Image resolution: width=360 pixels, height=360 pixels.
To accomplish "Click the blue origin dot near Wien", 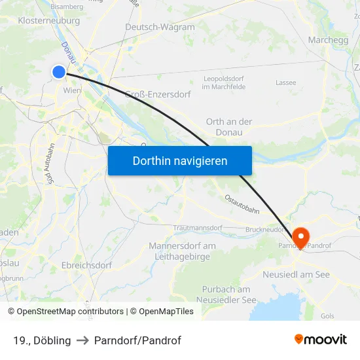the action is tap(59, 73).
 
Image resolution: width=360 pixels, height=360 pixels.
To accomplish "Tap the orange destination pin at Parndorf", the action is tap(300, 237).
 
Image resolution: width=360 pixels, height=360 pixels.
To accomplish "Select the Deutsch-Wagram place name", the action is tap(160, 27).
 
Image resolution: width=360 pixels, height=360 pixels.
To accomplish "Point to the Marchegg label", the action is tap(328, 40).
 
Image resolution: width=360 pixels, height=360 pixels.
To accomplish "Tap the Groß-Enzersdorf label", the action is tap(158, 94).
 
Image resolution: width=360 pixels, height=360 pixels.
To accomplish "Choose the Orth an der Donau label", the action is tap(228, 127).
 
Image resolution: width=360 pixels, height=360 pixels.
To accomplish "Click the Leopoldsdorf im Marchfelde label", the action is tap(224, 82).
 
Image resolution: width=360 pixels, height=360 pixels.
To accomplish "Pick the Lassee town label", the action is tap(285, 83).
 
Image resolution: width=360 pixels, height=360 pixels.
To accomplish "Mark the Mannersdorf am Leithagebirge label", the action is tap(182, 251).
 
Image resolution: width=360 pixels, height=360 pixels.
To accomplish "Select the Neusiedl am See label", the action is tap(296, 274).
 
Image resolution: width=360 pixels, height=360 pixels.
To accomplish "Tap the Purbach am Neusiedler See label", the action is tap(226, 295).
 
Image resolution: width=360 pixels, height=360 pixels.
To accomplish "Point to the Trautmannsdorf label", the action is tap(198, 228).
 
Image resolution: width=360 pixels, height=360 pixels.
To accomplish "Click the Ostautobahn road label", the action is tap(242, 204).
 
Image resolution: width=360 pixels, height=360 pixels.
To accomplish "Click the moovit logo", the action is tap(321, 340).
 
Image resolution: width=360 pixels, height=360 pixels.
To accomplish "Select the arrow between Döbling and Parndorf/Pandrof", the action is tap(82, 340).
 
